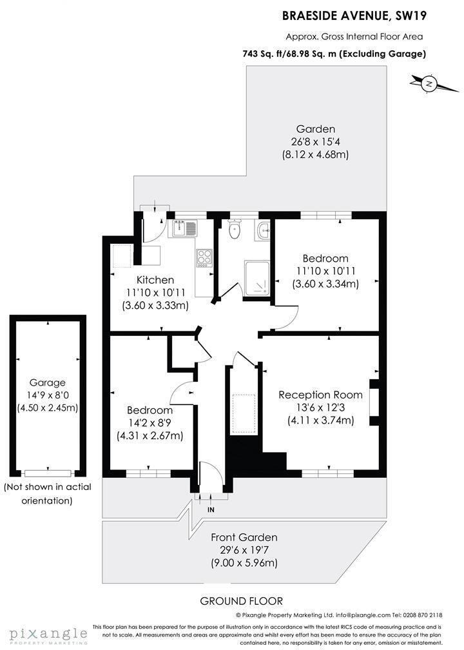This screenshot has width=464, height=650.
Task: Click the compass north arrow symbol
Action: pos(429,83)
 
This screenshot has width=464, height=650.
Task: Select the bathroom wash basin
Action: pos(262,230)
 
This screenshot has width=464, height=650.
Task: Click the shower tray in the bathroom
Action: pos(256,277)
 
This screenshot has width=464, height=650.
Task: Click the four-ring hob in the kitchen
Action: pos(204,257)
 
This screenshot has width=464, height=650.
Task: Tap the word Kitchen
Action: pos(155,280)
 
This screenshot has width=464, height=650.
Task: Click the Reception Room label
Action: pos(320,395)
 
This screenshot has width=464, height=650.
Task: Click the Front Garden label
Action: pos(244,537)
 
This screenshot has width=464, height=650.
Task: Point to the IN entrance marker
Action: pos(210,510)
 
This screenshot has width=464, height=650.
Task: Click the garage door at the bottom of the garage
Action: pos(47,472)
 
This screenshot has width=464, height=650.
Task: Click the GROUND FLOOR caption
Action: pos(241,601)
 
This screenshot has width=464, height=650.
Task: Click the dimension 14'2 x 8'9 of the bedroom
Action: pos(150,423)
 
